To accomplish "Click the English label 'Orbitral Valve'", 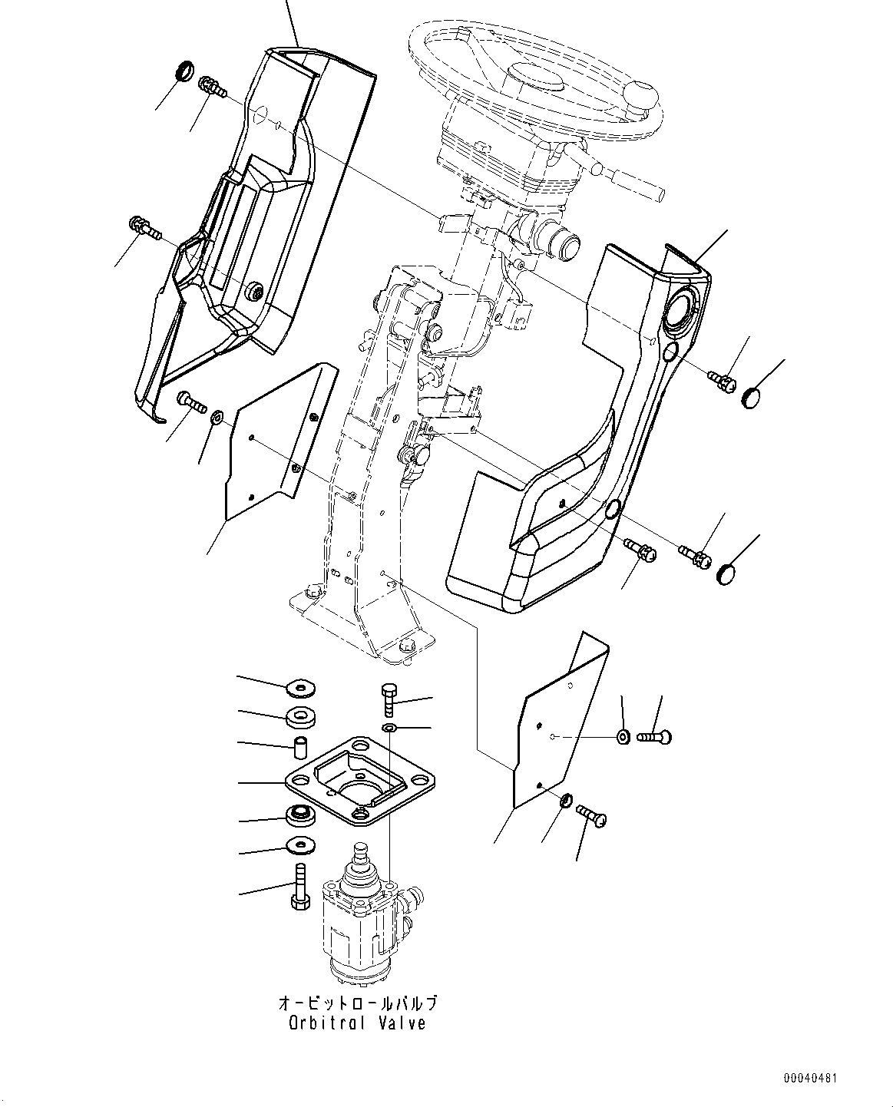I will [357, 1023].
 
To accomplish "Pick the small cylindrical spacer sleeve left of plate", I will [302, 745].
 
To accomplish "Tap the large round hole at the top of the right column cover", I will [680, 313].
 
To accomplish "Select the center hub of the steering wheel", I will [535, 78].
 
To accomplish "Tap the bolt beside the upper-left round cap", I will [213, 87].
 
